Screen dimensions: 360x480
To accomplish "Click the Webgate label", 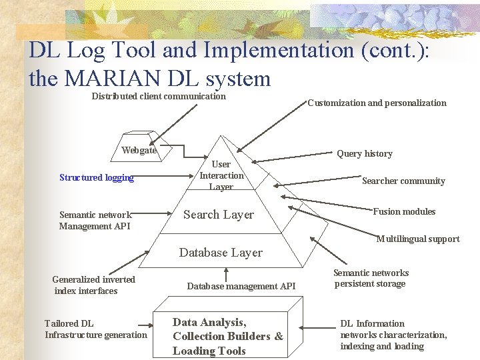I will click(x=139, y=150).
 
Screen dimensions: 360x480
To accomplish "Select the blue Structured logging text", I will click(x=97, y=177).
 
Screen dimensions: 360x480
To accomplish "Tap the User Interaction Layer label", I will click(x=221, y=175).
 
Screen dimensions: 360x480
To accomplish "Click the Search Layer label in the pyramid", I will click(x=219, y=215).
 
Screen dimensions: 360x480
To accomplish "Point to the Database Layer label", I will click(x=221, y=253).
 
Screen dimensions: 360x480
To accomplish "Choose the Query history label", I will click(x=364, y=153).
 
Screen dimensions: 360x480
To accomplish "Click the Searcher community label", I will click(x=403, y=181).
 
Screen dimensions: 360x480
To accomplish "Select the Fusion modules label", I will click(x=404, y=211).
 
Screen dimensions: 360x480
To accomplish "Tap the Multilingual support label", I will click(x=418, y=239).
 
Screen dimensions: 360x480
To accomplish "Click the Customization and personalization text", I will click(x=377, y=103).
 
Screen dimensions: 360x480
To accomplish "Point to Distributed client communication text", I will click(x=159, y=97).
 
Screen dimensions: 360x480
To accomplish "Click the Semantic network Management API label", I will click(x=95, y=220).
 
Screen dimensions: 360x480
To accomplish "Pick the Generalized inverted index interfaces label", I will click(x=93, y=285).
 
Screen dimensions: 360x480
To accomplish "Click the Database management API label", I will click(x=241, y=286).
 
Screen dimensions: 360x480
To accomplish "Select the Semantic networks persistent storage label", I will click(x=371, y=278).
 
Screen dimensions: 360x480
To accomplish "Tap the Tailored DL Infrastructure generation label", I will click(x=95, y=329).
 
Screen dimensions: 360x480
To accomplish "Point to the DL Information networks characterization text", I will click(x=393, y=335).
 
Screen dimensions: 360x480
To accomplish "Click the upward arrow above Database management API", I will click(x=227, y=273).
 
